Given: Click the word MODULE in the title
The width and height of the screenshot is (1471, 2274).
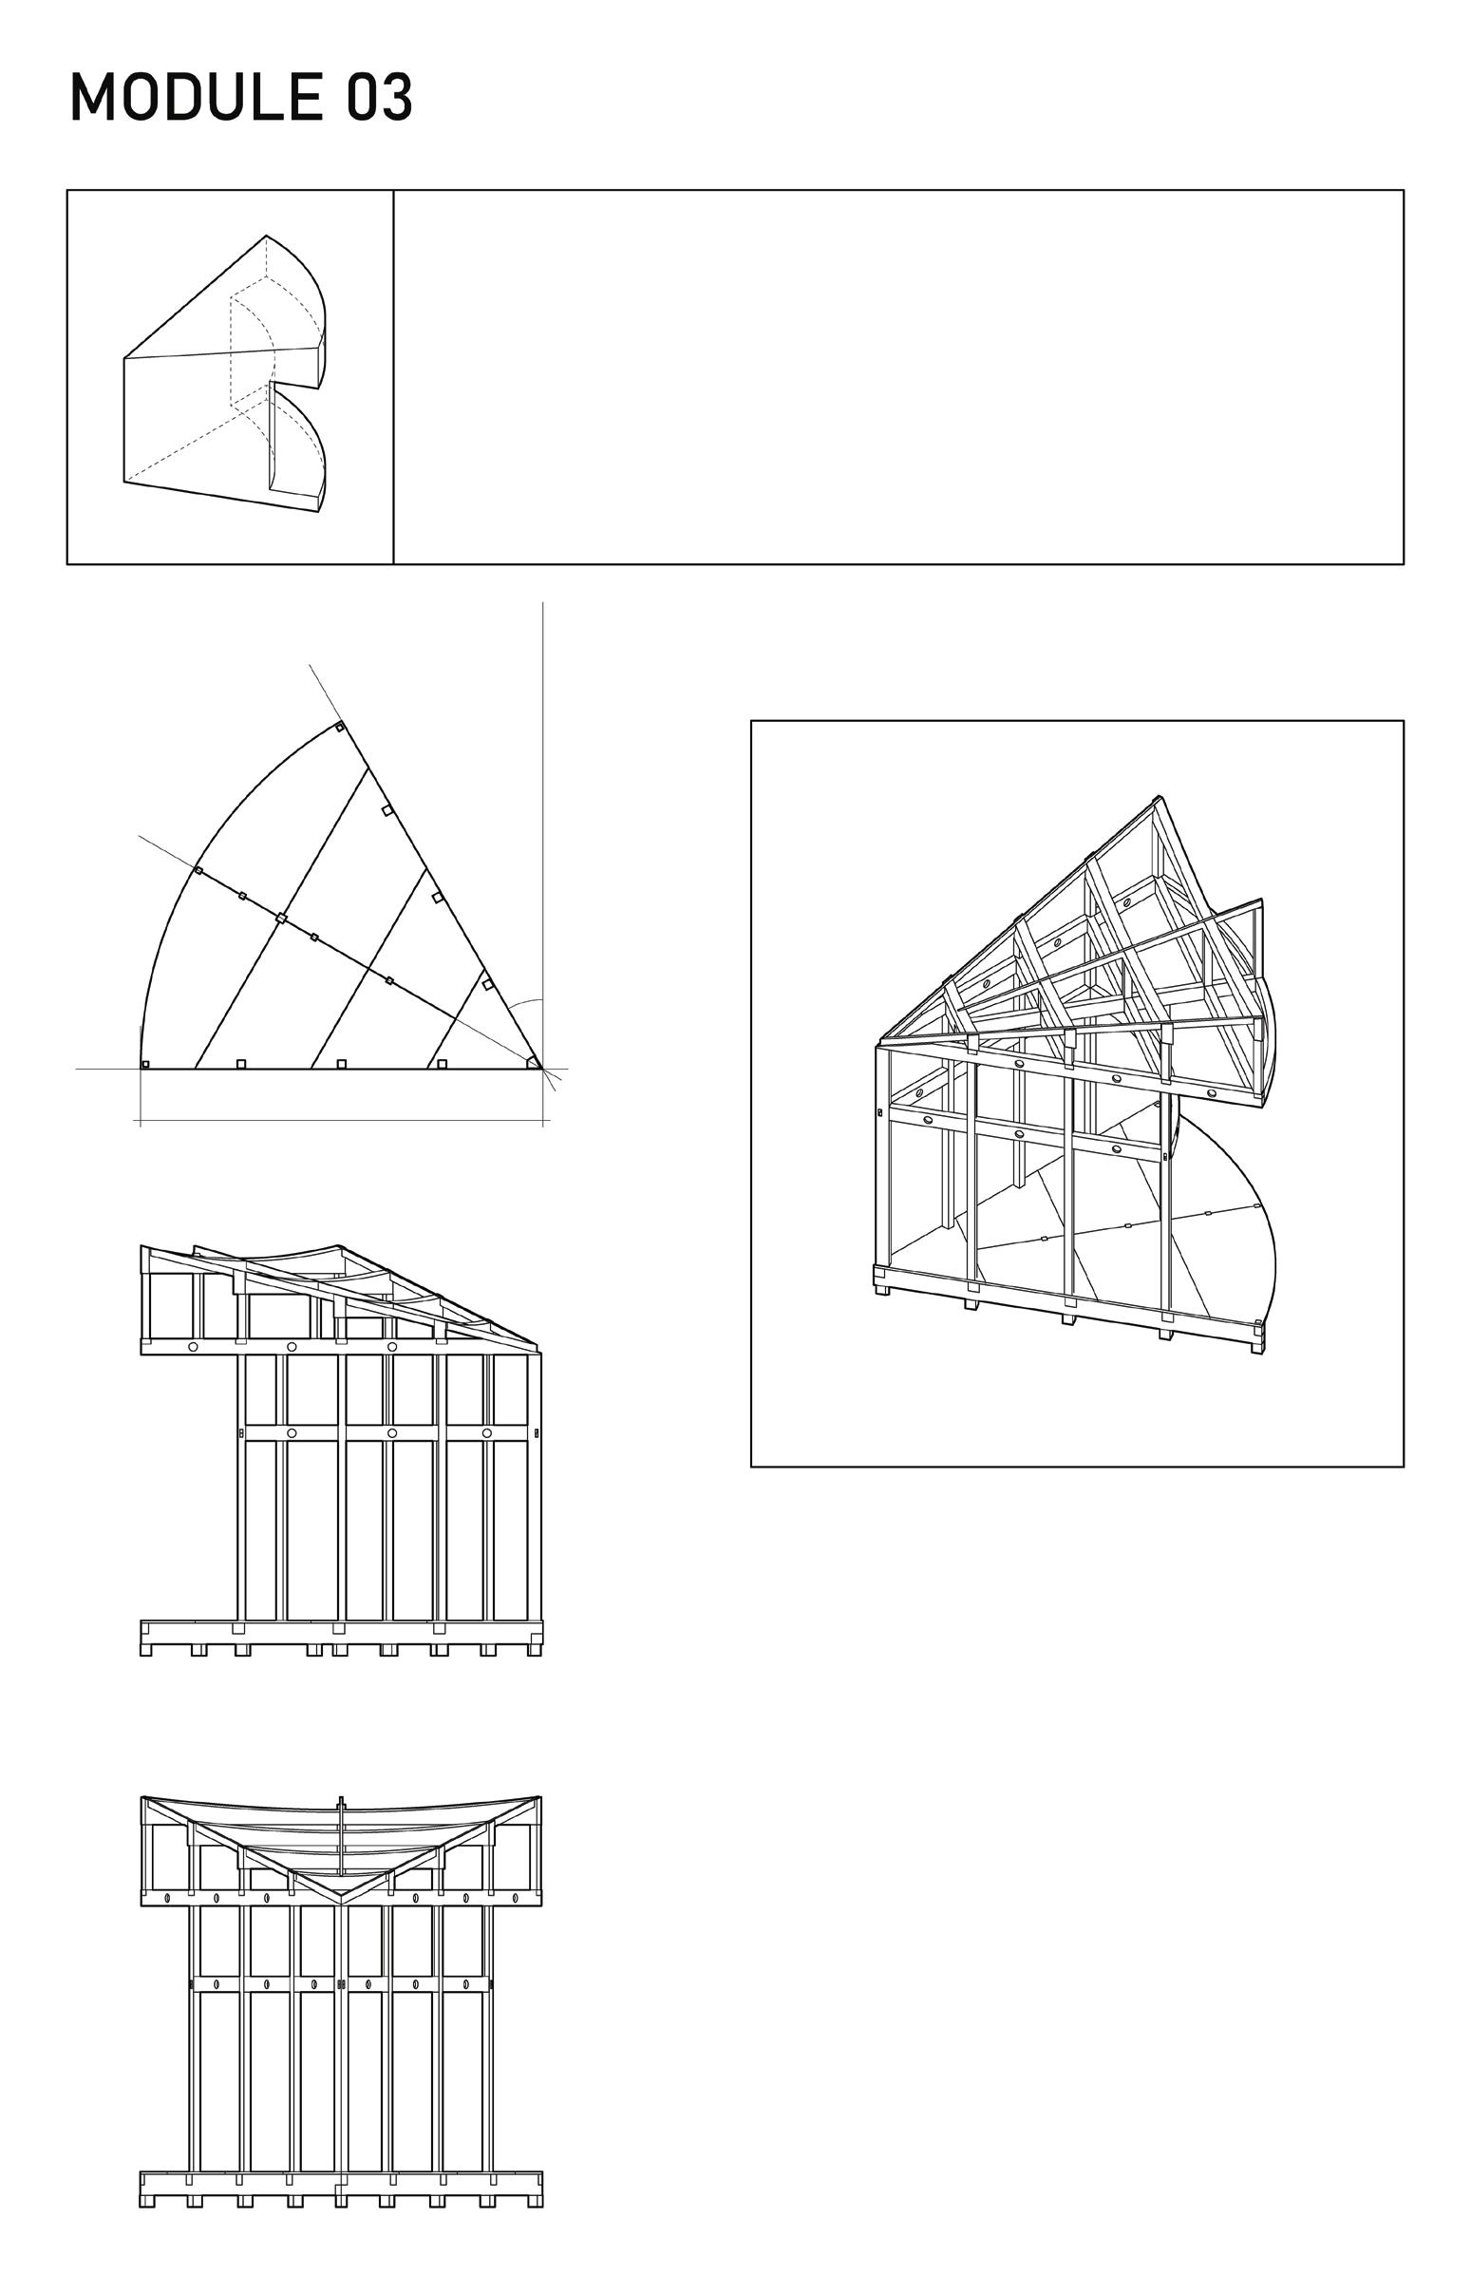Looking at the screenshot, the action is [x=197, y=98].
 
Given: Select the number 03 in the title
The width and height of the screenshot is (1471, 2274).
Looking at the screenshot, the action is [x=379, y=98].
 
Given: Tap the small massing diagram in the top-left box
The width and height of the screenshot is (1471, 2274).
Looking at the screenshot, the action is [x=225, y=372].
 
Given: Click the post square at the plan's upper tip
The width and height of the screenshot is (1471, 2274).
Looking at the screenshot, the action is [x=339, y=728].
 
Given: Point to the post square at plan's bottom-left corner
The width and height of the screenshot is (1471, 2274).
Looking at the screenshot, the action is [x=145, y=1064].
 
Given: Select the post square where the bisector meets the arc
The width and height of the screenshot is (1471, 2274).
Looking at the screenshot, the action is [x=198, y=870].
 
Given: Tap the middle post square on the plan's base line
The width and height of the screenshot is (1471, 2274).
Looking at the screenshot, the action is [x=342, y=1064].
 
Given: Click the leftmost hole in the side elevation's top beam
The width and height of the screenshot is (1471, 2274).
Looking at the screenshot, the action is [x=193, y=1346].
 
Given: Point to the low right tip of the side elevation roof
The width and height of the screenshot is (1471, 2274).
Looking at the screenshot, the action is [x=537, y=1344].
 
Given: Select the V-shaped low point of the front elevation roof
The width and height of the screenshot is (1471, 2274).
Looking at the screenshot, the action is [x=341, y=1893].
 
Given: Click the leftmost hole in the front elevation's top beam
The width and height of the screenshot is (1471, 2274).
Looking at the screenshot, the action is [x=168, y=1897].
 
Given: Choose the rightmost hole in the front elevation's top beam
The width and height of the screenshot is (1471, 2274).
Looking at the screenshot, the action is [x=516, y=1897].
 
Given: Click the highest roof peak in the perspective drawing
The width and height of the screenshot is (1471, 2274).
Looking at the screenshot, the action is [x=1159, y=798].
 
